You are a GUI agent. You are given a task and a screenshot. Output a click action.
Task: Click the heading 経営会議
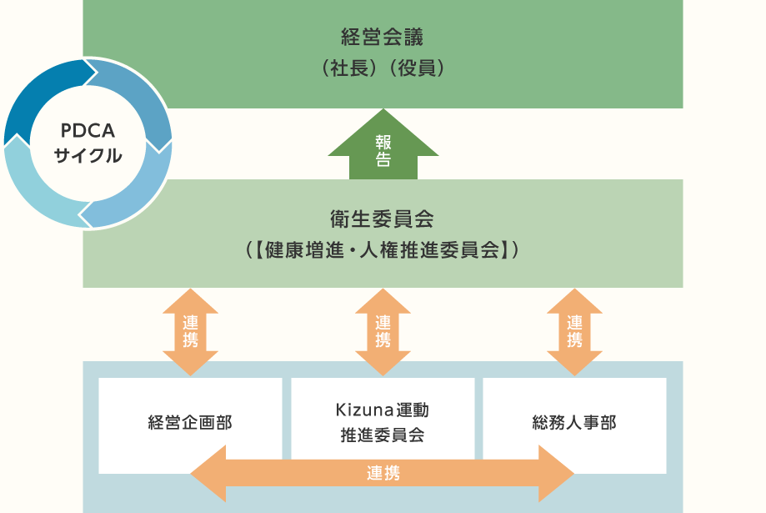(x=383, y=38)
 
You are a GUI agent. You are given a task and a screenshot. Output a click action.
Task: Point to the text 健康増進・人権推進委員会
(x=383, y=249)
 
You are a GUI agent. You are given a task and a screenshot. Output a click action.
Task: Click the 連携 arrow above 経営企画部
(x=190, y=331)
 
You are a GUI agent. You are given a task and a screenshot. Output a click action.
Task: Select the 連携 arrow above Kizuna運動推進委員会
(x=383, y=331)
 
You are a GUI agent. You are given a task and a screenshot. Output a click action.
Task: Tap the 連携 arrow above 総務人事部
(x=574, y=331)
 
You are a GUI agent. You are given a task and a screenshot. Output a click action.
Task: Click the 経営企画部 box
(x=190, y=423)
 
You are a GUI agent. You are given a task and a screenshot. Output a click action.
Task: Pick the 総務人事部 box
(x=574, y=423)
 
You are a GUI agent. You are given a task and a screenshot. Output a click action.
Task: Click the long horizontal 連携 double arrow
(x=383, y=473)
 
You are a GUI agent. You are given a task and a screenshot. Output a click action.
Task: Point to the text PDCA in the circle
(x=88, y=132)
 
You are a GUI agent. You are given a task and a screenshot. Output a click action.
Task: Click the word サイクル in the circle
(x=88, y=155)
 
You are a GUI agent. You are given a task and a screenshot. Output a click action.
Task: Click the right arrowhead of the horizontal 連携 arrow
(x=556, y=473)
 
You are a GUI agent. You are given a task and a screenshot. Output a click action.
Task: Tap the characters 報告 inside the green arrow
(x=383, y=150)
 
